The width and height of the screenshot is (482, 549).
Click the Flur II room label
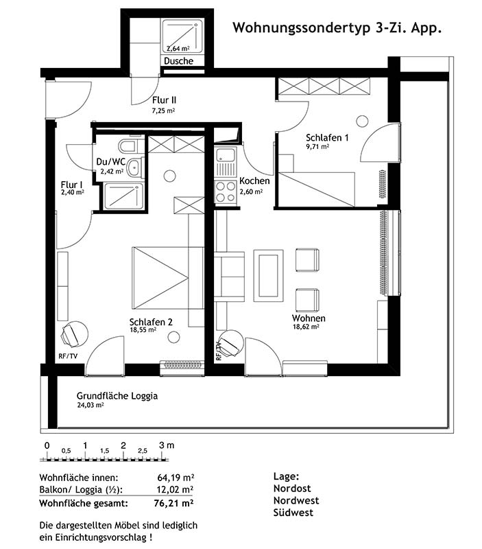click(x=164, y=100)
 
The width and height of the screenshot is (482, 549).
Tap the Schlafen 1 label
click(x=327, y=138)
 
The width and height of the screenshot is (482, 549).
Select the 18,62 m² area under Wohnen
click(x=306, y=327)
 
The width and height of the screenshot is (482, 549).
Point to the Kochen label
click(x=254, y=181)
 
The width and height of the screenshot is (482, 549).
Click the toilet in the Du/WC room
click(x=129, y=145)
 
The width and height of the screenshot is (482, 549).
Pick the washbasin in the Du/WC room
click(x=134, y=167)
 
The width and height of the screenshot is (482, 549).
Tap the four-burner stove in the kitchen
click(x=226, y=192)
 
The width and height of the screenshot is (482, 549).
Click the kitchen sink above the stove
click(x=226, y=162)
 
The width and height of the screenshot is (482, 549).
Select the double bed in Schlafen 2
click(x=168, y=279)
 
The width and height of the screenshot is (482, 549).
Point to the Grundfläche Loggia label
click(x=117, y=396)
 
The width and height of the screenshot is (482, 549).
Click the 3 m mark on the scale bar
click(x=166, y=445)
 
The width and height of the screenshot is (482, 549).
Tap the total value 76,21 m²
click(x=173, y=504)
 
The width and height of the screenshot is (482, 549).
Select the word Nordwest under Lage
click(x=296, y=500)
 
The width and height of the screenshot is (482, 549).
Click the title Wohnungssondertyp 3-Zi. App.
click(x=337, y=27)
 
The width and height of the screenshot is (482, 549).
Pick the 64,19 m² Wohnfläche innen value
click(x=176, y=478)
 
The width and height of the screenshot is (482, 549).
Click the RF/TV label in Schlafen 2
click(x=68, y=356)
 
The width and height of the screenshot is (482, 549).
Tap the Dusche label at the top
click(x=178, y=61)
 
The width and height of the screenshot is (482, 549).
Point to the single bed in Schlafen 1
click(x=317, y=189)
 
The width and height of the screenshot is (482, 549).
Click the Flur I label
click(x=72, y=185)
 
